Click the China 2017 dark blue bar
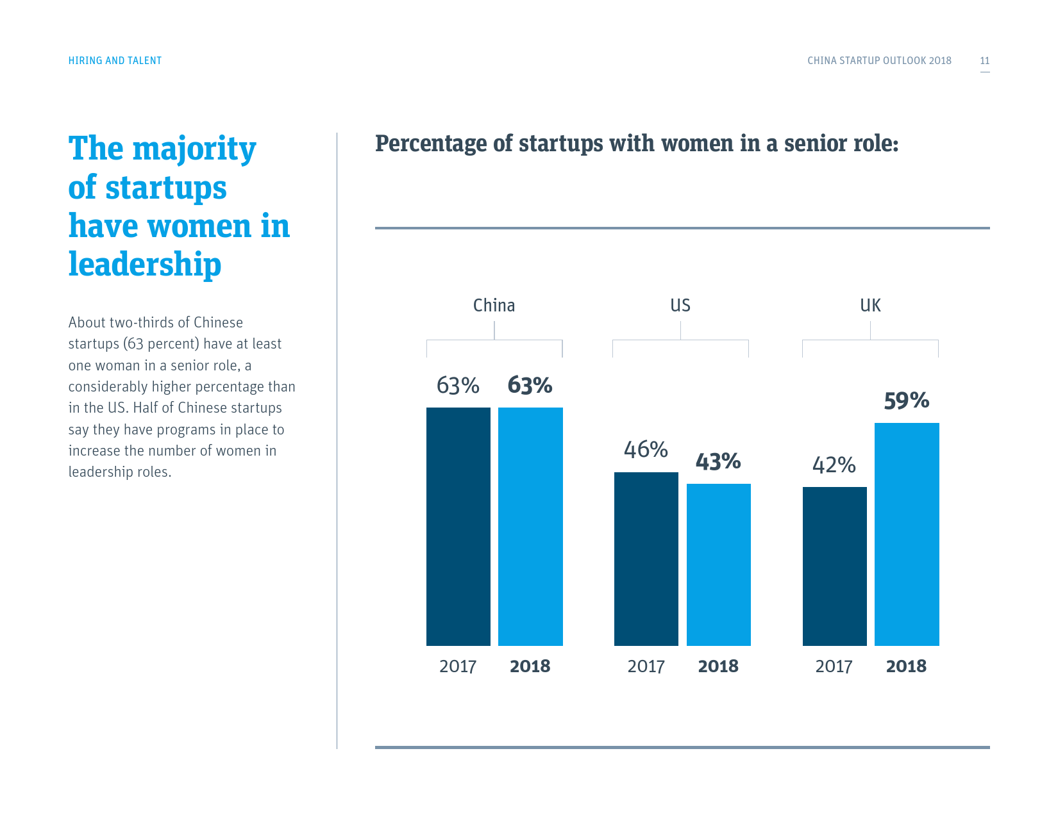coord(458,526)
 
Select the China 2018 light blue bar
coord(530,526)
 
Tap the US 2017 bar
coord(646,559)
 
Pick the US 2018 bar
coord(718,565)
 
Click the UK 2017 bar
coord(834,566)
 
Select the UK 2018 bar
coord(907,534)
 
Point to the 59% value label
coord(906,401)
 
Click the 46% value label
coord(646,450)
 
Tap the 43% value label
coord(718,462)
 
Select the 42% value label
coord(834,465)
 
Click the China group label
coord(494,306)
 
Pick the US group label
coord(680,306)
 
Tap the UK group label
coord(870,306)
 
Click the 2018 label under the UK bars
coord(906,666)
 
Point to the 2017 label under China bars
coord(458,666)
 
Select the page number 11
coord(984,61)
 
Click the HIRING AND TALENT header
coord(115,61)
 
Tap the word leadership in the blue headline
coord(145,265)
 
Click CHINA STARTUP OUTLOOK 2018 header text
coord(879,61)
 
